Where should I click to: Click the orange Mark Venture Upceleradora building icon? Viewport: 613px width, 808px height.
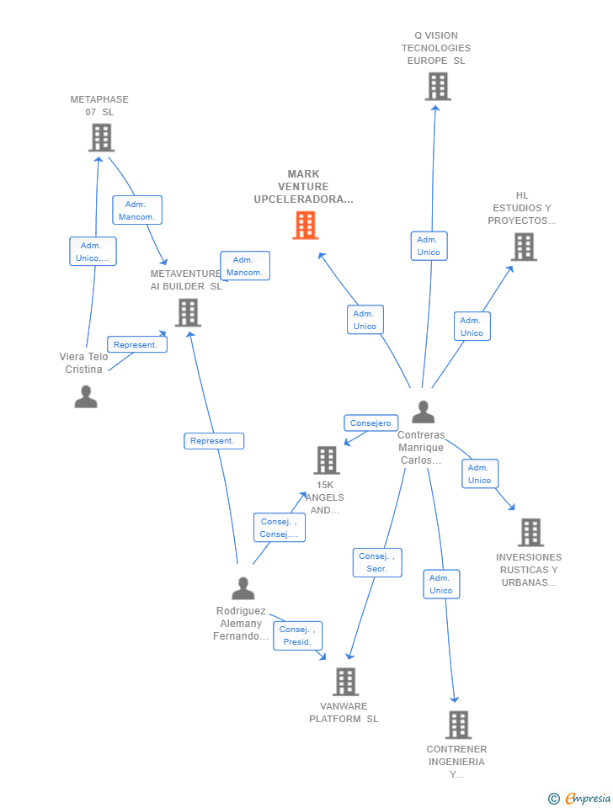pos(305,226)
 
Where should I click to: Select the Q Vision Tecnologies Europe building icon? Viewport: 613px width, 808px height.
pos(437,87)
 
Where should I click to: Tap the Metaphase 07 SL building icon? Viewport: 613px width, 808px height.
pos(101,137)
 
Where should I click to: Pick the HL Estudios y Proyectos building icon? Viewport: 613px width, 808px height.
pos(524,247)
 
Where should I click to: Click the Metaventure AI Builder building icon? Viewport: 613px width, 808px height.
pos(188,312)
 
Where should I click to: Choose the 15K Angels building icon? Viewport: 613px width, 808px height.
pos(327,460)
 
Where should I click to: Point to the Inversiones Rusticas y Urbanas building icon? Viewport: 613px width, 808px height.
pos(530,532)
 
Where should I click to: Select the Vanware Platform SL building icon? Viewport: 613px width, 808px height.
pos(345,682)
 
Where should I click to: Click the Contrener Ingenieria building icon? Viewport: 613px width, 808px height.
pos(457,725)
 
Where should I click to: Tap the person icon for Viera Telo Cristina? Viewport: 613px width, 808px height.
pos(86,396)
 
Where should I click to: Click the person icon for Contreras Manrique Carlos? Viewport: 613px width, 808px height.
pos(423,412)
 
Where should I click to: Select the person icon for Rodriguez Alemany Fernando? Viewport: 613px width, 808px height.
pos(243,588)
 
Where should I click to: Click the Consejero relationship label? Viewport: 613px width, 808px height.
pos(370,423)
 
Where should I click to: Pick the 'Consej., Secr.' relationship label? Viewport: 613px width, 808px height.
pos(376,562)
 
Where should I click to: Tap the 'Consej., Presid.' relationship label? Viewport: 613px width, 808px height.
pos(297,635)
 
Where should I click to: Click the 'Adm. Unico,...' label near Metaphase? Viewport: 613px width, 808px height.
pos(93,252)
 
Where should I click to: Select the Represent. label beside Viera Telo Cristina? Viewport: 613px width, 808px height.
pos(136,344)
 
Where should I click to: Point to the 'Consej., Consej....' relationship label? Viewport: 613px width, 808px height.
pos(279,528)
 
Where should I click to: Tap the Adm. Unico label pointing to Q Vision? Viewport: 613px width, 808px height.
pos(429,246)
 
